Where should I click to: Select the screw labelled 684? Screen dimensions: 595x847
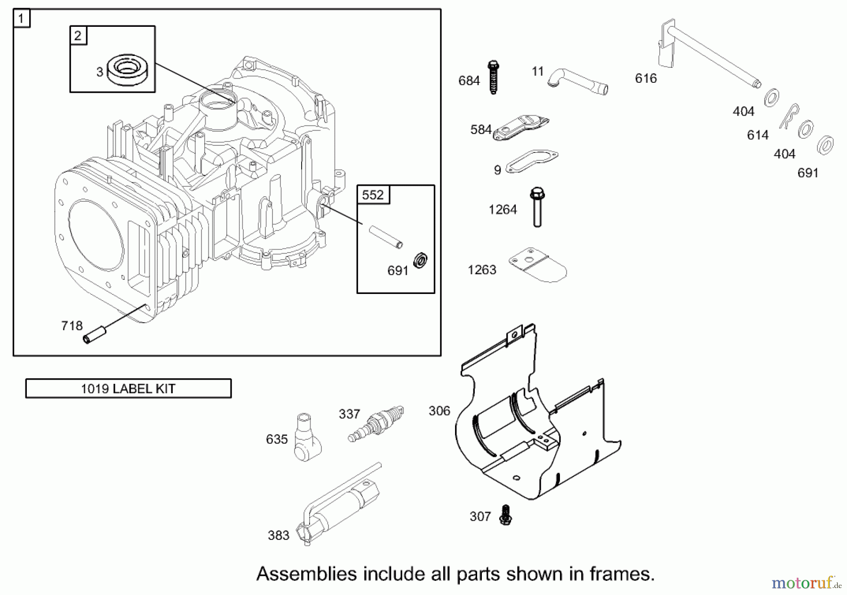493,78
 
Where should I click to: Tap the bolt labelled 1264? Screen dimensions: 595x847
537,207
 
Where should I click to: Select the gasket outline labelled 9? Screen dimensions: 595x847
532,162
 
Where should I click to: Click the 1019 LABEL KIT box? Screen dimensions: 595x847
128,389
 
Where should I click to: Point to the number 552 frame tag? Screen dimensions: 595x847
373,195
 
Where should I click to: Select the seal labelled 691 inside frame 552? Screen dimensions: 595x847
420,260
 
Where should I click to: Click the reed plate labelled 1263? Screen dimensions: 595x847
538,265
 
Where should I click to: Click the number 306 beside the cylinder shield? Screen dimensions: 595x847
439,411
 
